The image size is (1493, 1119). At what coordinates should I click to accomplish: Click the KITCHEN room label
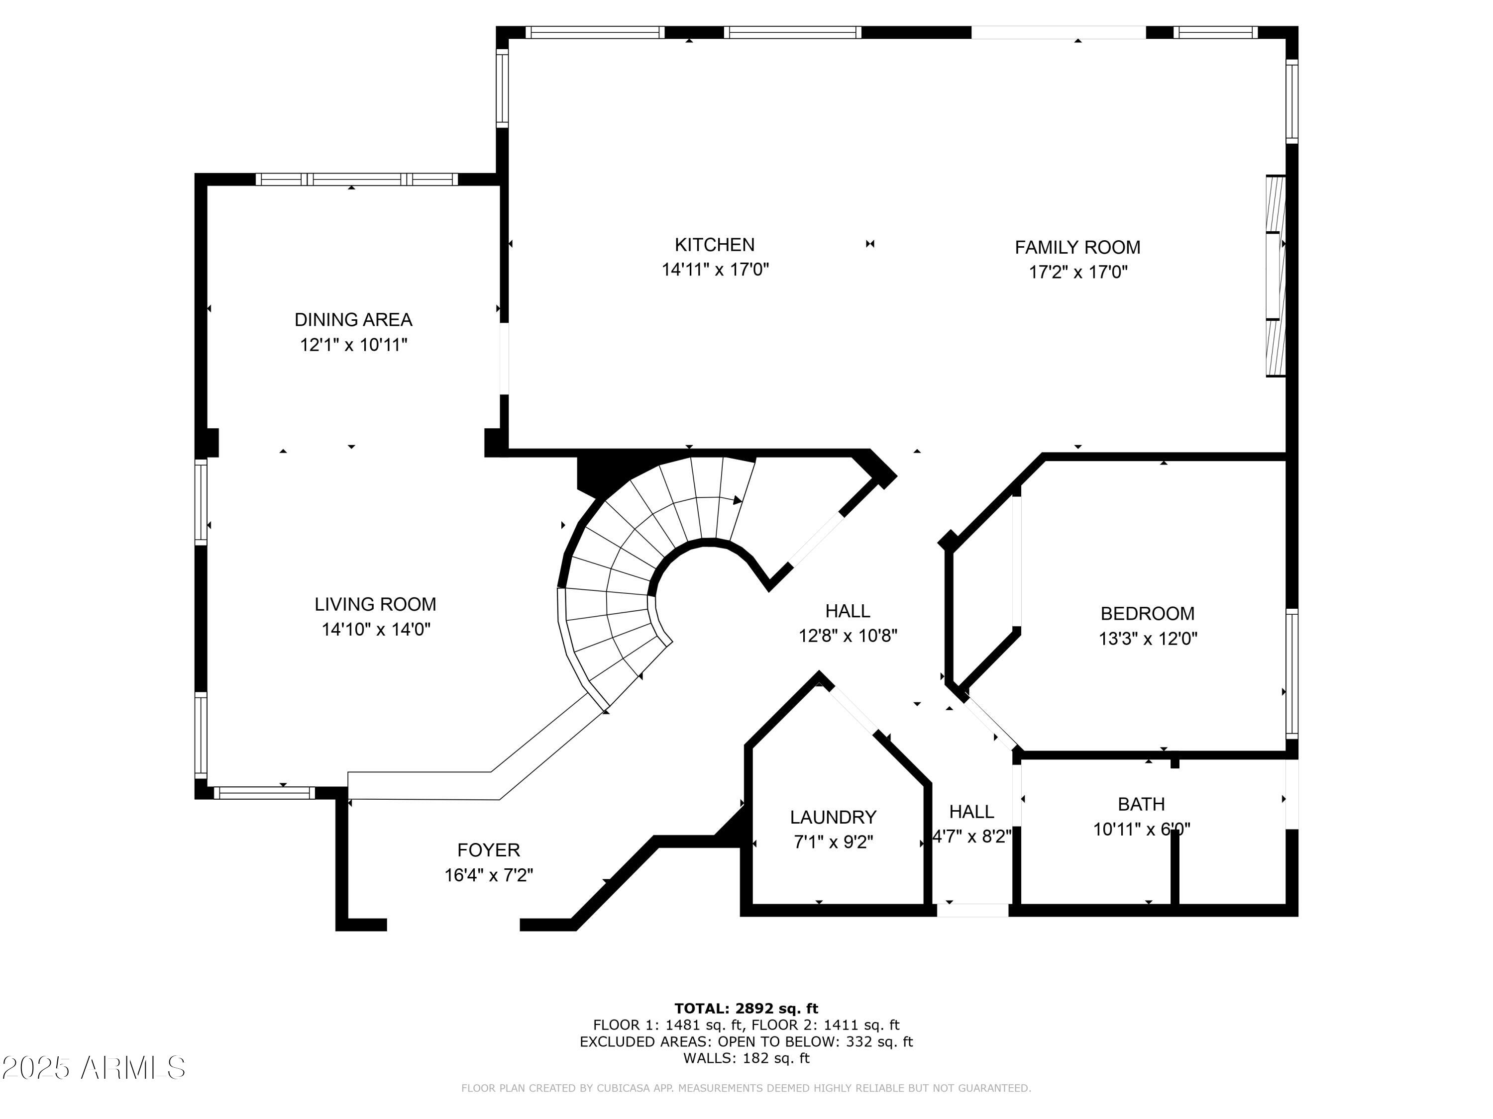(714, 244)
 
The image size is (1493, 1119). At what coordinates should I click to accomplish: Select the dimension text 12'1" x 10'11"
(354, 345)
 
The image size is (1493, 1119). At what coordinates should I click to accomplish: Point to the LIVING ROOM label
(375, 604)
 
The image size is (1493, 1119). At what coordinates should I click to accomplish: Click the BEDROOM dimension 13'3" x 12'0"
(1148, 638)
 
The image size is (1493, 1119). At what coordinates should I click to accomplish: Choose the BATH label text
(1141, 804)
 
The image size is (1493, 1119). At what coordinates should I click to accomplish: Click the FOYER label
(489, 850)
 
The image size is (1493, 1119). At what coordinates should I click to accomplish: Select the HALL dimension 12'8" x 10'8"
(848, 636)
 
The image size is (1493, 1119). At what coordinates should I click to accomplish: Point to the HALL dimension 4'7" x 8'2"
(971, 837)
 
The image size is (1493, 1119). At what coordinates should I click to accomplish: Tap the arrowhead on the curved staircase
(737, 500)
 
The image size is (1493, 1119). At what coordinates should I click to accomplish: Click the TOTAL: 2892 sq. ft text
(746, 1009)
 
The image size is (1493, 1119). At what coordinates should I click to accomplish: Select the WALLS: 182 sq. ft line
(746, 1058)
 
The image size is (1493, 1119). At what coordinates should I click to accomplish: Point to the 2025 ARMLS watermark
(93, 1068)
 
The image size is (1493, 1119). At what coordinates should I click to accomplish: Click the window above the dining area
(356, 180)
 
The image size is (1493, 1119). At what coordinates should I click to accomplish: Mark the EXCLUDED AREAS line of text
(746, 1041)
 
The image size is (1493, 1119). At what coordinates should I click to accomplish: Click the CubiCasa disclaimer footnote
(746, 1088)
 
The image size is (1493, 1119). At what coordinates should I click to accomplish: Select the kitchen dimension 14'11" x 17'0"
(715, 269)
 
